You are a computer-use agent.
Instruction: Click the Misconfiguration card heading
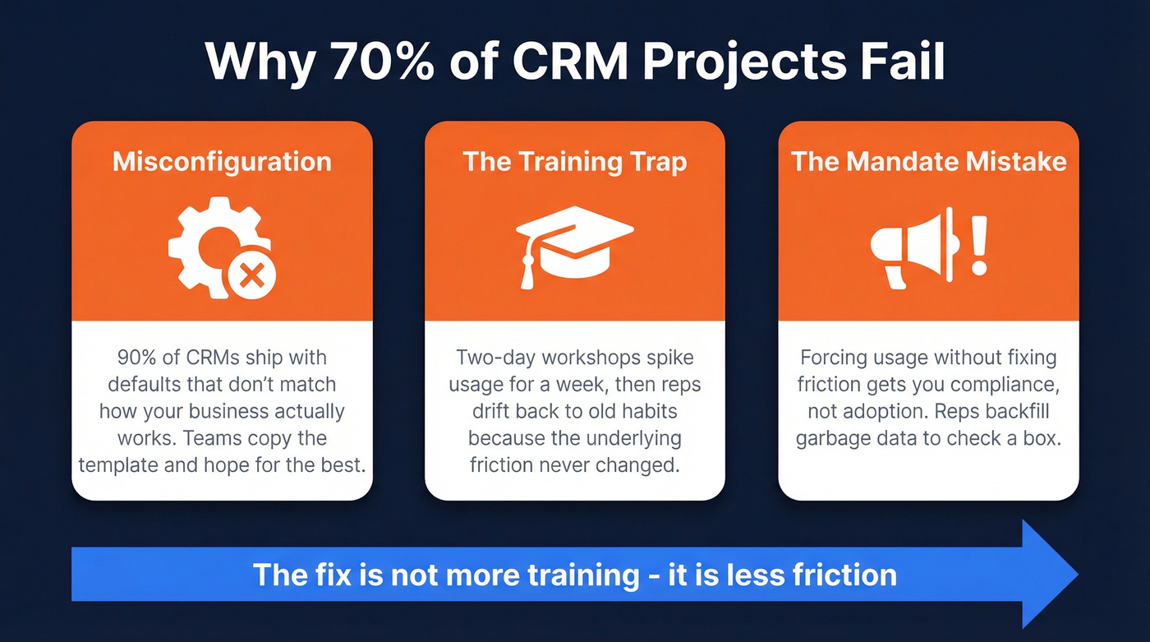coord(222,161)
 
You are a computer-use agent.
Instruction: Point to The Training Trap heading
coord(574,161)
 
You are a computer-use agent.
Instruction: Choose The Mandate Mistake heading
coord(928,161)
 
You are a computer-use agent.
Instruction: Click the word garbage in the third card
coord(835,437)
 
